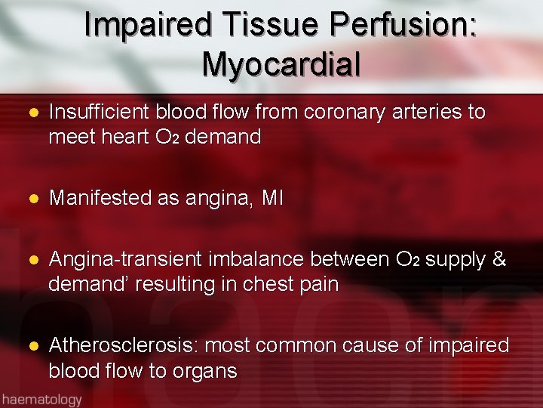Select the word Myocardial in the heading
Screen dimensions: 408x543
point(281,64)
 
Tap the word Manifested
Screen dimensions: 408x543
point(102,199)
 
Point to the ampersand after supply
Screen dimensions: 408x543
point(498,260)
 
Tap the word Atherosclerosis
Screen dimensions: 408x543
point(123,346)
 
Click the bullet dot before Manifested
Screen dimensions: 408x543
point(32,199)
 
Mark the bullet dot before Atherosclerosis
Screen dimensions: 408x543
point(32,347)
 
